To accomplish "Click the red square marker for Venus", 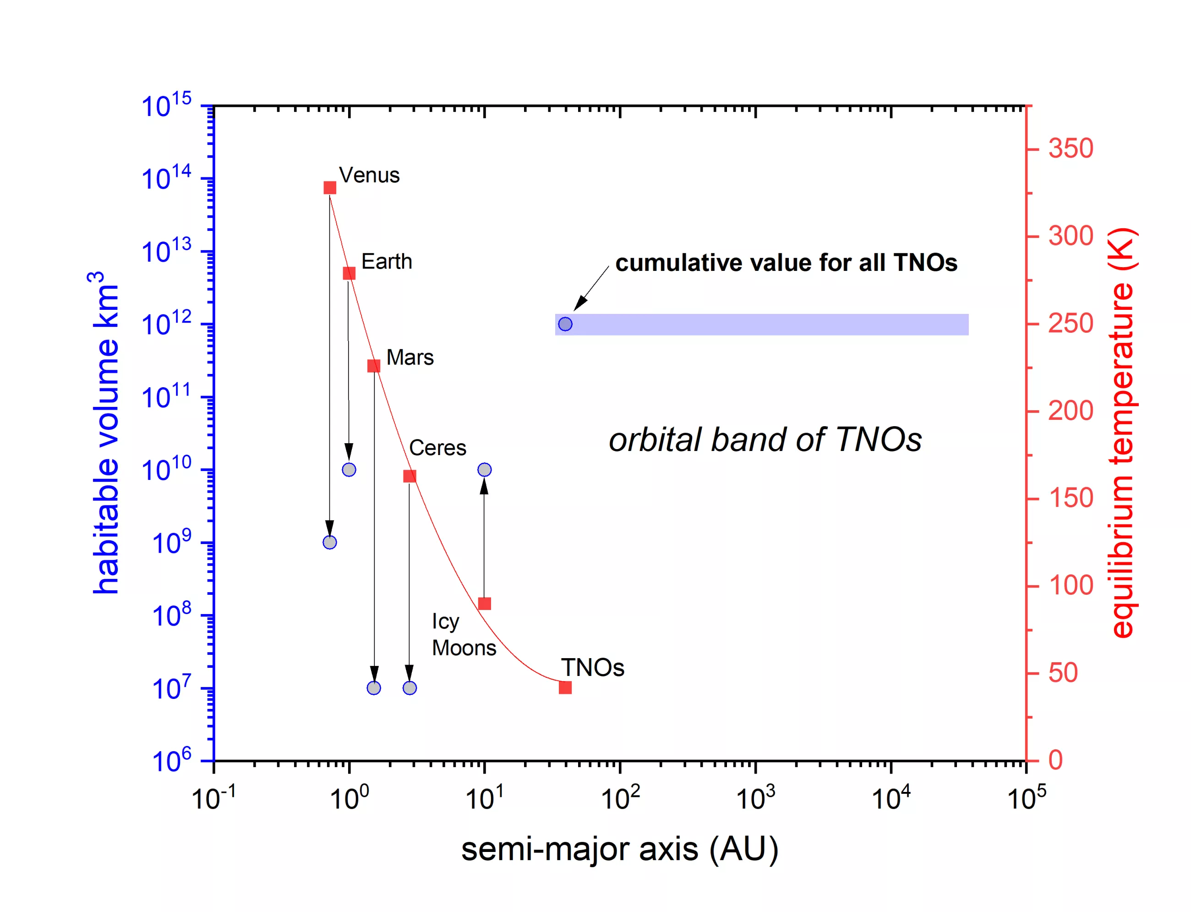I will (330, 188).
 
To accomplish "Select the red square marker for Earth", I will (349, 273).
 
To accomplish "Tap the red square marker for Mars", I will (374, 366).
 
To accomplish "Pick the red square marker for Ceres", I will (410, 476).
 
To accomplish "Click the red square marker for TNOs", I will (565, 688).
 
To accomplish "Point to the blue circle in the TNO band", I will (565, 324).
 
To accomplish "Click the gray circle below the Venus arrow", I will (330, 542).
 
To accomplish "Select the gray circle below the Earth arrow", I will (349, 470).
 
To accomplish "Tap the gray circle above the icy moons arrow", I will (485, 470).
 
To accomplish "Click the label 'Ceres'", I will (437, 448).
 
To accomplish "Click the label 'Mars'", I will (410, 357).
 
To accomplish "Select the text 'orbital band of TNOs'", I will (765, 439).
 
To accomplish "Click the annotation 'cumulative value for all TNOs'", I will (786, 263).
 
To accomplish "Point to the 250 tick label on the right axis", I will (1070, 324).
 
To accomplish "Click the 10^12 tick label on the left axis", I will (166, 324).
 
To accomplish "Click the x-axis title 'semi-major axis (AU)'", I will (620, 848).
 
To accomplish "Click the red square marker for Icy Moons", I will (485, 604).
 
